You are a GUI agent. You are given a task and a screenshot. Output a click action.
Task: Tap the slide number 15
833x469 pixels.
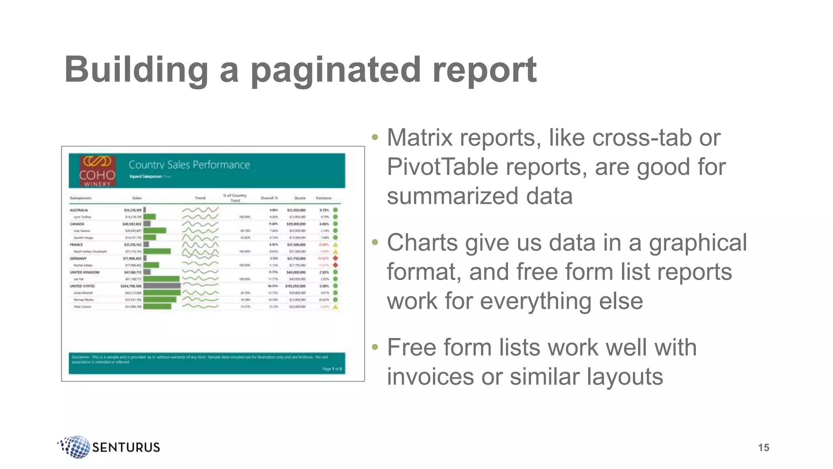click(763, 447)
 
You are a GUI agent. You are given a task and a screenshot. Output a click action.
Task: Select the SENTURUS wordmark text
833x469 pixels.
click(126, 447)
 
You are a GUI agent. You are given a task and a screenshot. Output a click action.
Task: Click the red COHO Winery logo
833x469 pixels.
click(98, 171)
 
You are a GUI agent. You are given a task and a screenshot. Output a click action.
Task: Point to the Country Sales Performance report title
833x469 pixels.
click(189, 165)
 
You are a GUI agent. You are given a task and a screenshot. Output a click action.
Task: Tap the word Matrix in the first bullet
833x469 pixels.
click(420, 138)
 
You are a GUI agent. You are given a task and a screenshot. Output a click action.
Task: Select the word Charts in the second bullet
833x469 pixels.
click(422, 243)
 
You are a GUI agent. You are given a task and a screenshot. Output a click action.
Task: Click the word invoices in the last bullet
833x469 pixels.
click(430, 377)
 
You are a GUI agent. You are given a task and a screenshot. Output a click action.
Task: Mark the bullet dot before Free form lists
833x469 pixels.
click(375, 347)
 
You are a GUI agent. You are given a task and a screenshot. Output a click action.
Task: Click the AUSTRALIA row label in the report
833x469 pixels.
click(79, 210)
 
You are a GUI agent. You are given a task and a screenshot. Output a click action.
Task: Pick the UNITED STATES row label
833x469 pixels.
click(82, 286)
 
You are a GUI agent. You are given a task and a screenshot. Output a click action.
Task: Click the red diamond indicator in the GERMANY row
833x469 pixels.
click(336, 258)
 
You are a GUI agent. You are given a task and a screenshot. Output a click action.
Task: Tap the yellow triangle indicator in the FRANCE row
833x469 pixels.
click(336, 245)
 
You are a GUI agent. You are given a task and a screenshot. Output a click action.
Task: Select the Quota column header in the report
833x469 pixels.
click(300, 198)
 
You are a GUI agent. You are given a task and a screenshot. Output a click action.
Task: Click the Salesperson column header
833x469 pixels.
click(81, 198)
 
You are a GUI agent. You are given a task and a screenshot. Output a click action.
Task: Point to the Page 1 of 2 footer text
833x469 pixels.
click(332, 369)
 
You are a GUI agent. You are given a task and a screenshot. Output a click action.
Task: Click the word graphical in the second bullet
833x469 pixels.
click(698, 243)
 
